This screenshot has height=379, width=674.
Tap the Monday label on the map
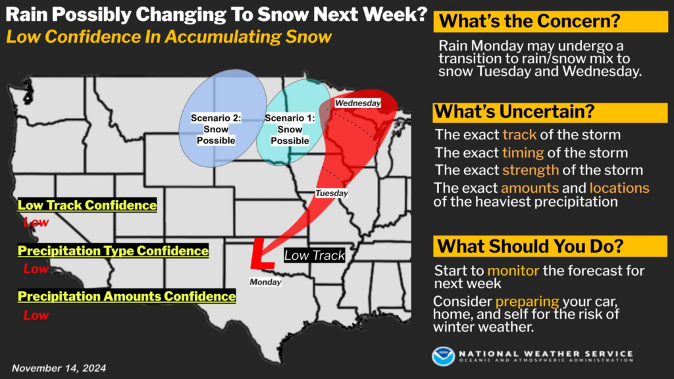[x=265, y=282]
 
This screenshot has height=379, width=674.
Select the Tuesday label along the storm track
[x=331, y=193]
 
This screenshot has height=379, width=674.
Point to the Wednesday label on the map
[x=357, y=103]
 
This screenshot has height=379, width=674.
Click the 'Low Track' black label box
[x=315, y=255]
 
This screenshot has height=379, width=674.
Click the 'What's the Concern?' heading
[x=531, y=21]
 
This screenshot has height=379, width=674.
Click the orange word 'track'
[x=520, y=136]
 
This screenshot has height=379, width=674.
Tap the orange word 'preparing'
[x=527, y=301]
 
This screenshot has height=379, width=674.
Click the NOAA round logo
[x=443, y=356]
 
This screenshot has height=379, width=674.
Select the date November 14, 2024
[x=59, y=368]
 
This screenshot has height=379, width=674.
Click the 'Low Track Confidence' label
[x=87, y=205]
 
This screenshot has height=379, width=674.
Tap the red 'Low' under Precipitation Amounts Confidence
[x=36, y=315]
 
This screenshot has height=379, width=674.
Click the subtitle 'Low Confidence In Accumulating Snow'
[x=169, y=36]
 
